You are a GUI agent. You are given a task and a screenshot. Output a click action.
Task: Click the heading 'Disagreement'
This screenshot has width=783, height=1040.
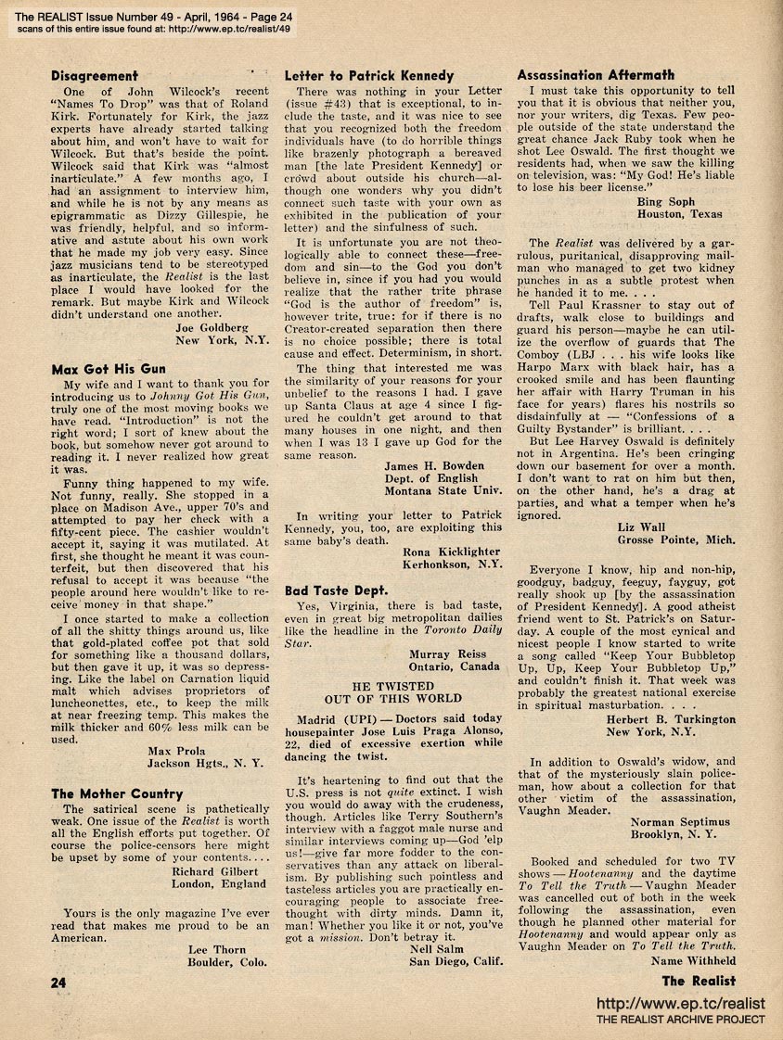[95, 75]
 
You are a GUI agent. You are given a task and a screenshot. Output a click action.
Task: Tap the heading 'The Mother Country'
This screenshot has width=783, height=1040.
[117, 793]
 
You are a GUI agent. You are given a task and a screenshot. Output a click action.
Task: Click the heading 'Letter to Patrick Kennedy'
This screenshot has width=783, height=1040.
[369, 75]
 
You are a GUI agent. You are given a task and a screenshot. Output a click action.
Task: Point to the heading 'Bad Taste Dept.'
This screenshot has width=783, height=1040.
[336, 590]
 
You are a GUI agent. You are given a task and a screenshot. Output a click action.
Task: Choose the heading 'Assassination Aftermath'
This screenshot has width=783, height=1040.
[596, 75]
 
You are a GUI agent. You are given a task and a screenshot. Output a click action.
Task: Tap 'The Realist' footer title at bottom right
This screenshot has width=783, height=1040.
[699, 981]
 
